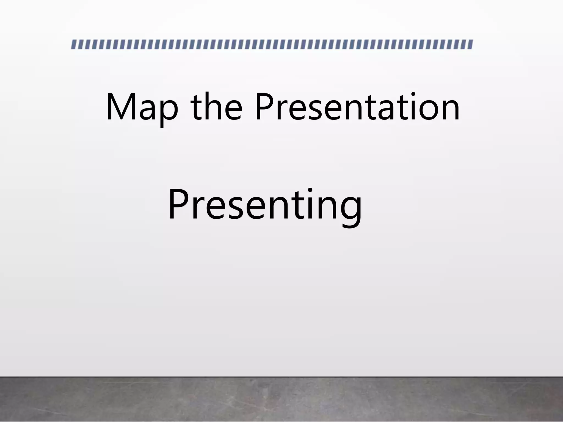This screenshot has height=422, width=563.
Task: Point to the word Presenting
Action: pos(264,205)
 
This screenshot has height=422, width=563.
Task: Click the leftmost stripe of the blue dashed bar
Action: pos(74,45)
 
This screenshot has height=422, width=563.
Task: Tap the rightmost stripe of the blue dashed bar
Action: pos(470,45)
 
